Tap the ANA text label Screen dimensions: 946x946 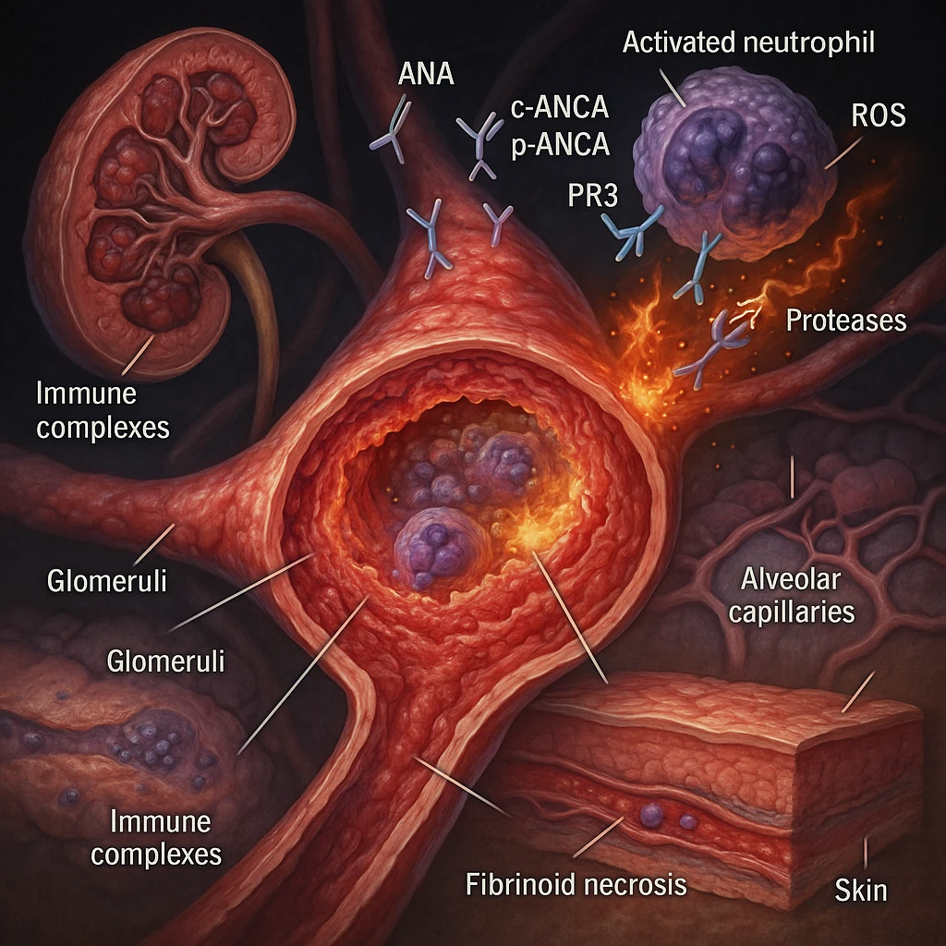425,75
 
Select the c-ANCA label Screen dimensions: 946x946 560,108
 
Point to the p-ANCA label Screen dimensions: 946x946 560,144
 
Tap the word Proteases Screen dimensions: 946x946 845,321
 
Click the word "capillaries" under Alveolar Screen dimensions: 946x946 797,612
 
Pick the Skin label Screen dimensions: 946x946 860,891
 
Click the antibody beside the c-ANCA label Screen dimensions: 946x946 479,144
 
